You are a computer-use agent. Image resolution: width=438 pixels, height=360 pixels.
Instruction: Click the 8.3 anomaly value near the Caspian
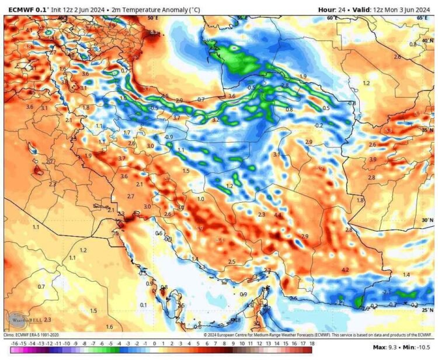154,33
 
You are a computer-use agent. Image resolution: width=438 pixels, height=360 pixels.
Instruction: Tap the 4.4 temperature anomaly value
278,216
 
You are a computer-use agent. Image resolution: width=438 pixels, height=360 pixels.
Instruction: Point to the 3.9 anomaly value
373,160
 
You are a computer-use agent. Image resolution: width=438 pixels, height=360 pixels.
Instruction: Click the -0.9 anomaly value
169,137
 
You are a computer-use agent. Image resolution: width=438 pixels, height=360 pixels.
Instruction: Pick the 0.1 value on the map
143,305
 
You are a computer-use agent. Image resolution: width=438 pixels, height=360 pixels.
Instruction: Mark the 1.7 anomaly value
127,133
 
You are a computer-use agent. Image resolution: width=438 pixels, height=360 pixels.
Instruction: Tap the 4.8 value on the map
237,320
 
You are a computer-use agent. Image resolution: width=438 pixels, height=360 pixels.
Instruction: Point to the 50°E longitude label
152,18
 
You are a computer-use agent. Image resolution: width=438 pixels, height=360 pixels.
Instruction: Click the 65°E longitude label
423,18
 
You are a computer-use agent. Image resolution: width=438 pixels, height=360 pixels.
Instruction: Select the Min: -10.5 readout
417,347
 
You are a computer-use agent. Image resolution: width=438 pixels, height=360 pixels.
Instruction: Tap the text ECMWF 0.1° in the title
26,9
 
